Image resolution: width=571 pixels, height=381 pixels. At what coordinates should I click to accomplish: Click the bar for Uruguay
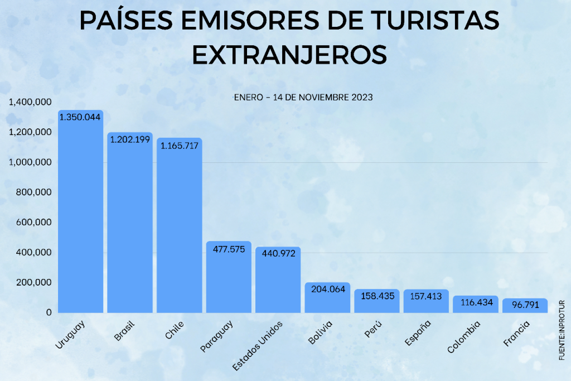pyautogui.click(x=80, y=212)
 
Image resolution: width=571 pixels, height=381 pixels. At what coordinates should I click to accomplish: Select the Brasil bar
pyautogui.click(x=129, y=223)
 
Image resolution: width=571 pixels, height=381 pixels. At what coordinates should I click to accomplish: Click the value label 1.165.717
pyautogui.click(x=180, y=146)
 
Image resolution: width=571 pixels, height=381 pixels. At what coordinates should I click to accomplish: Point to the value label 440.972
pyautogui.click(x=278, y=254)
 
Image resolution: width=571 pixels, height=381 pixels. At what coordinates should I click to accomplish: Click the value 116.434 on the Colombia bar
pyautogui.click(x=475, y=302)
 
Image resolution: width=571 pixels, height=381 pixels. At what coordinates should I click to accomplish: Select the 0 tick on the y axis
pyautogui.click(x=49, y=312)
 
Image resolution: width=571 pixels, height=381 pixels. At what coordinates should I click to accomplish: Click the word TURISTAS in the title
pyautogui.click(x=430, y=21)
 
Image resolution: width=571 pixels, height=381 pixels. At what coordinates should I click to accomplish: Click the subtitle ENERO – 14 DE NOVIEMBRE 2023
pyautogui.click(x=303, y=97)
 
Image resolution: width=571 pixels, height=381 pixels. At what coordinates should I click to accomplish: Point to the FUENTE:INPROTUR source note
pyautogui.click(x=562, y=330)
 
